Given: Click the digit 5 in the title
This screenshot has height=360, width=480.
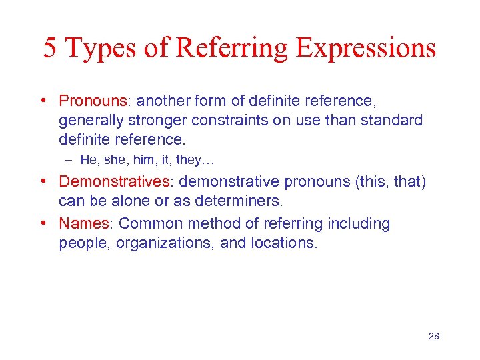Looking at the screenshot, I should point(51,49).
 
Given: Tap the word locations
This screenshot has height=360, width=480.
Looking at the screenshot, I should point(284,243).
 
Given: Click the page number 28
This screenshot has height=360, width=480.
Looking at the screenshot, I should point(433,336).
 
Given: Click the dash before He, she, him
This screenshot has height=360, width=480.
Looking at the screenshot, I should point(68,159).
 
